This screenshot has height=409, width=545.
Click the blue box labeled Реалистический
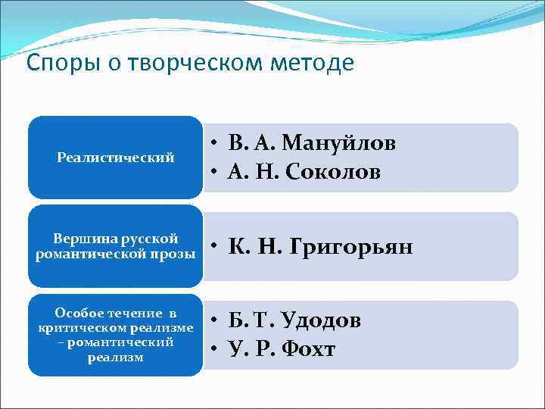tap(116, 158)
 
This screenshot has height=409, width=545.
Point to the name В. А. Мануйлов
tap(312, 143)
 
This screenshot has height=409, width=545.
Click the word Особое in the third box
tap(83, 314)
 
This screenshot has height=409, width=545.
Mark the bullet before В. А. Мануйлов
tap(216, 144)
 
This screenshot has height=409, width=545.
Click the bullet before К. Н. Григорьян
tap(216, 248)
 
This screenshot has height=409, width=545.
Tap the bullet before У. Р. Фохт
tap(216, 350)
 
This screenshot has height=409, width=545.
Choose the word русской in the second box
tap(151, 239)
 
